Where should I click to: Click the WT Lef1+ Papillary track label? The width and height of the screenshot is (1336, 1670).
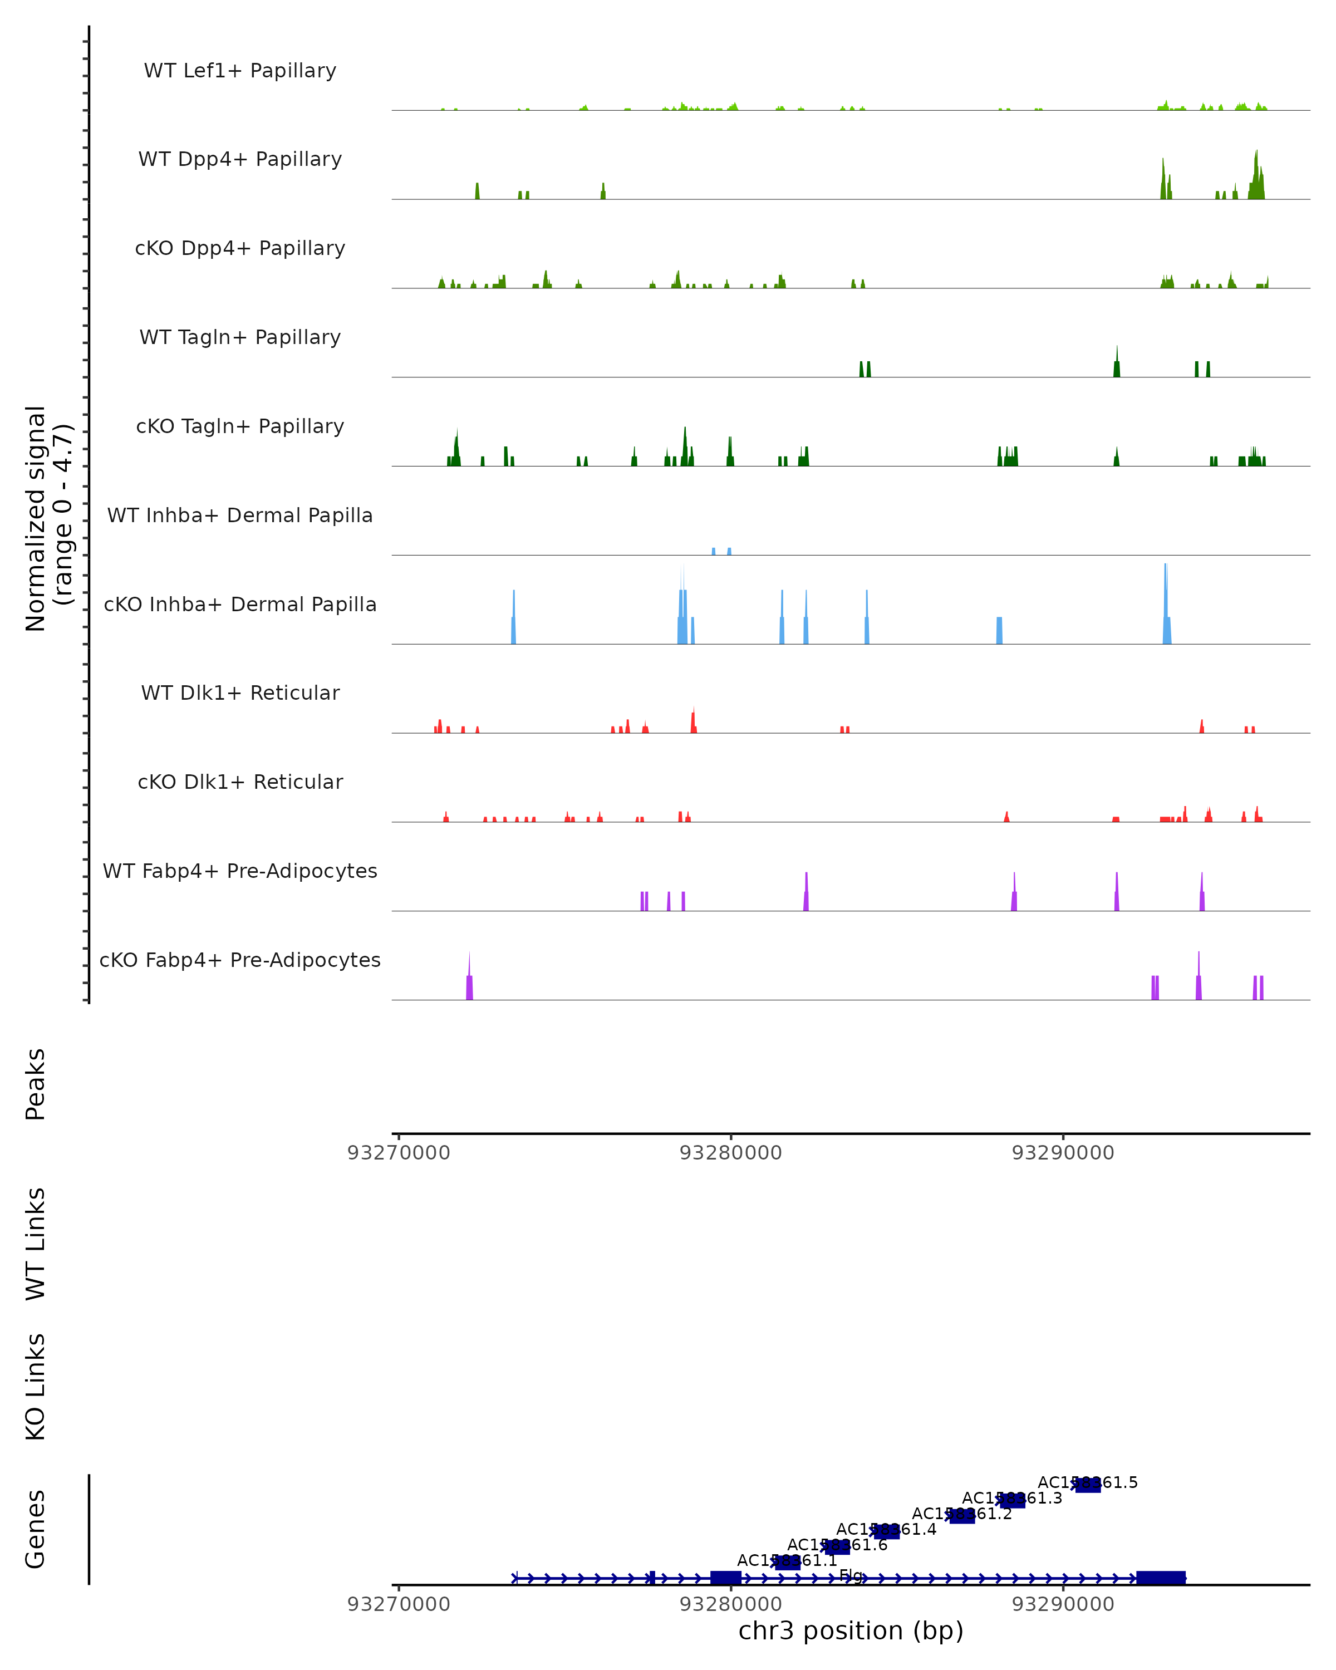pos(240,71)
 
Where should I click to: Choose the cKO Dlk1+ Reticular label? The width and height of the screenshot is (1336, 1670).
pos(240,782)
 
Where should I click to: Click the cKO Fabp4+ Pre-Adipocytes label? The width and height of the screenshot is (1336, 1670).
pos(240,960)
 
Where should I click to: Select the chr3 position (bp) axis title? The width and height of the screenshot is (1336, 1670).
pos(851,1630)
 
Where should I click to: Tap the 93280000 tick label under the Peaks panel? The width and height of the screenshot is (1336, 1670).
pos(730,1153)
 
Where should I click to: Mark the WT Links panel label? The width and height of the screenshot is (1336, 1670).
pos(36,1243)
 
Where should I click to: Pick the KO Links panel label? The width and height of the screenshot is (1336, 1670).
pos(36,1387)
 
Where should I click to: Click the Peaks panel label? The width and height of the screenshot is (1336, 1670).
pos(36,1084)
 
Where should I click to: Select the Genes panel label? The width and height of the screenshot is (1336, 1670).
pos(36,1529)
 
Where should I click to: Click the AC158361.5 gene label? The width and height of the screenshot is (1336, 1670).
pos(1087,1482)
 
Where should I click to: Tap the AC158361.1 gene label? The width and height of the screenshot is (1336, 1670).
pos(787,1561)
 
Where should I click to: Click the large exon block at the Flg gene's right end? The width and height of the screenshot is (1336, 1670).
pos(1160,1578)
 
